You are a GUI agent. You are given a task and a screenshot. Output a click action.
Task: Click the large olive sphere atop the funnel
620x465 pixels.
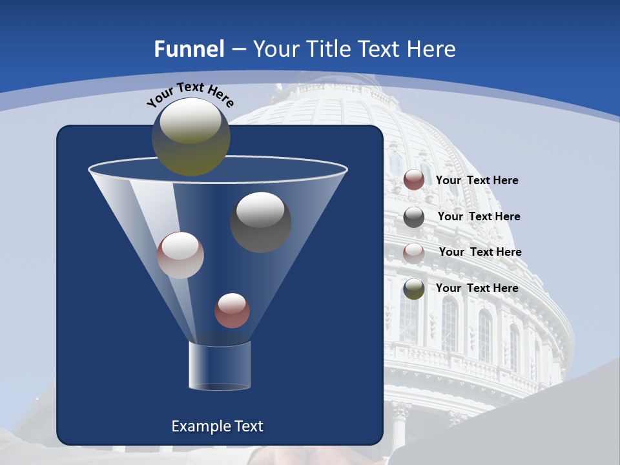pyautogui.click(x=191, y=137)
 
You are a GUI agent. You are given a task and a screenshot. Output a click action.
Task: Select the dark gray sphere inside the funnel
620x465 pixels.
pyautogui.click(x=260, y=222)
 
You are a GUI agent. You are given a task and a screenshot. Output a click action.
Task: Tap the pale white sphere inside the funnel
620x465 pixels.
pyautogui.click(x=180, y=255)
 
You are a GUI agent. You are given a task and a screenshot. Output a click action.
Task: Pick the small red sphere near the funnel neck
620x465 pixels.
pyautogui.click(x=232, y=311)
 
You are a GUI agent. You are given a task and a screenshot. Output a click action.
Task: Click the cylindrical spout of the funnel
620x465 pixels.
pyautogui.click(x=219, y=366)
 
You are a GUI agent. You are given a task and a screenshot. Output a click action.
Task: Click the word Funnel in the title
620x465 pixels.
pyautogui.click(x=189, y=49)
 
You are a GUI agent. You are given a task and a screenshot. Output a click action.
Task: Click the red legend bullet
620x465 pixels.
pyautogui.click(x=414, y=180)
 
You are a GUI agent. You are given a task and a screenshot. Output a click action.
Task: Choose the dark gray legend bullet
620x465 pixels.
pyautogui.click(x=414, y=217)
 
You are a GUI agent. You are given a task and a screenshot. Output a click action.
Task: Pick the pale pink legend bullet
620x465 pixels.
pyautogui.click(x=414, y=253)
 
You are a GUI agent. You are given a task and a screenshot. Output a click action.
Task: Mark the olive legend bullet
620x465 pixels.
pyautogui.click(x=414, y=289)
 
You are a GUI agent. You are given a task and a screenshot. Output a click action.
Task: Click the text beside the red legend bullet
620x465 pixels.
pyautogui.click(x=477, y=181)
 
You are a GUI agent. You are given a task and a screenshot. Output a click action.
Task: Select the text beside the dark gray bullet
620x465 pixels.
pyautogui.click(x=479, y=217)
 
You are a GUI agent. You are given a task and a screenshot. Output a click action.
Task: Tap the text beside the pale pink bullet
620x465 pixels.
pyautogui.click(x=480, y=253)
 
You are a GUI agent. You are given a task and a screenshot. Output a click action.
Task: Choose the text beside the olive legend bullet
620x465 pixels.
pyautogui.click(x=477, y=288)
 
